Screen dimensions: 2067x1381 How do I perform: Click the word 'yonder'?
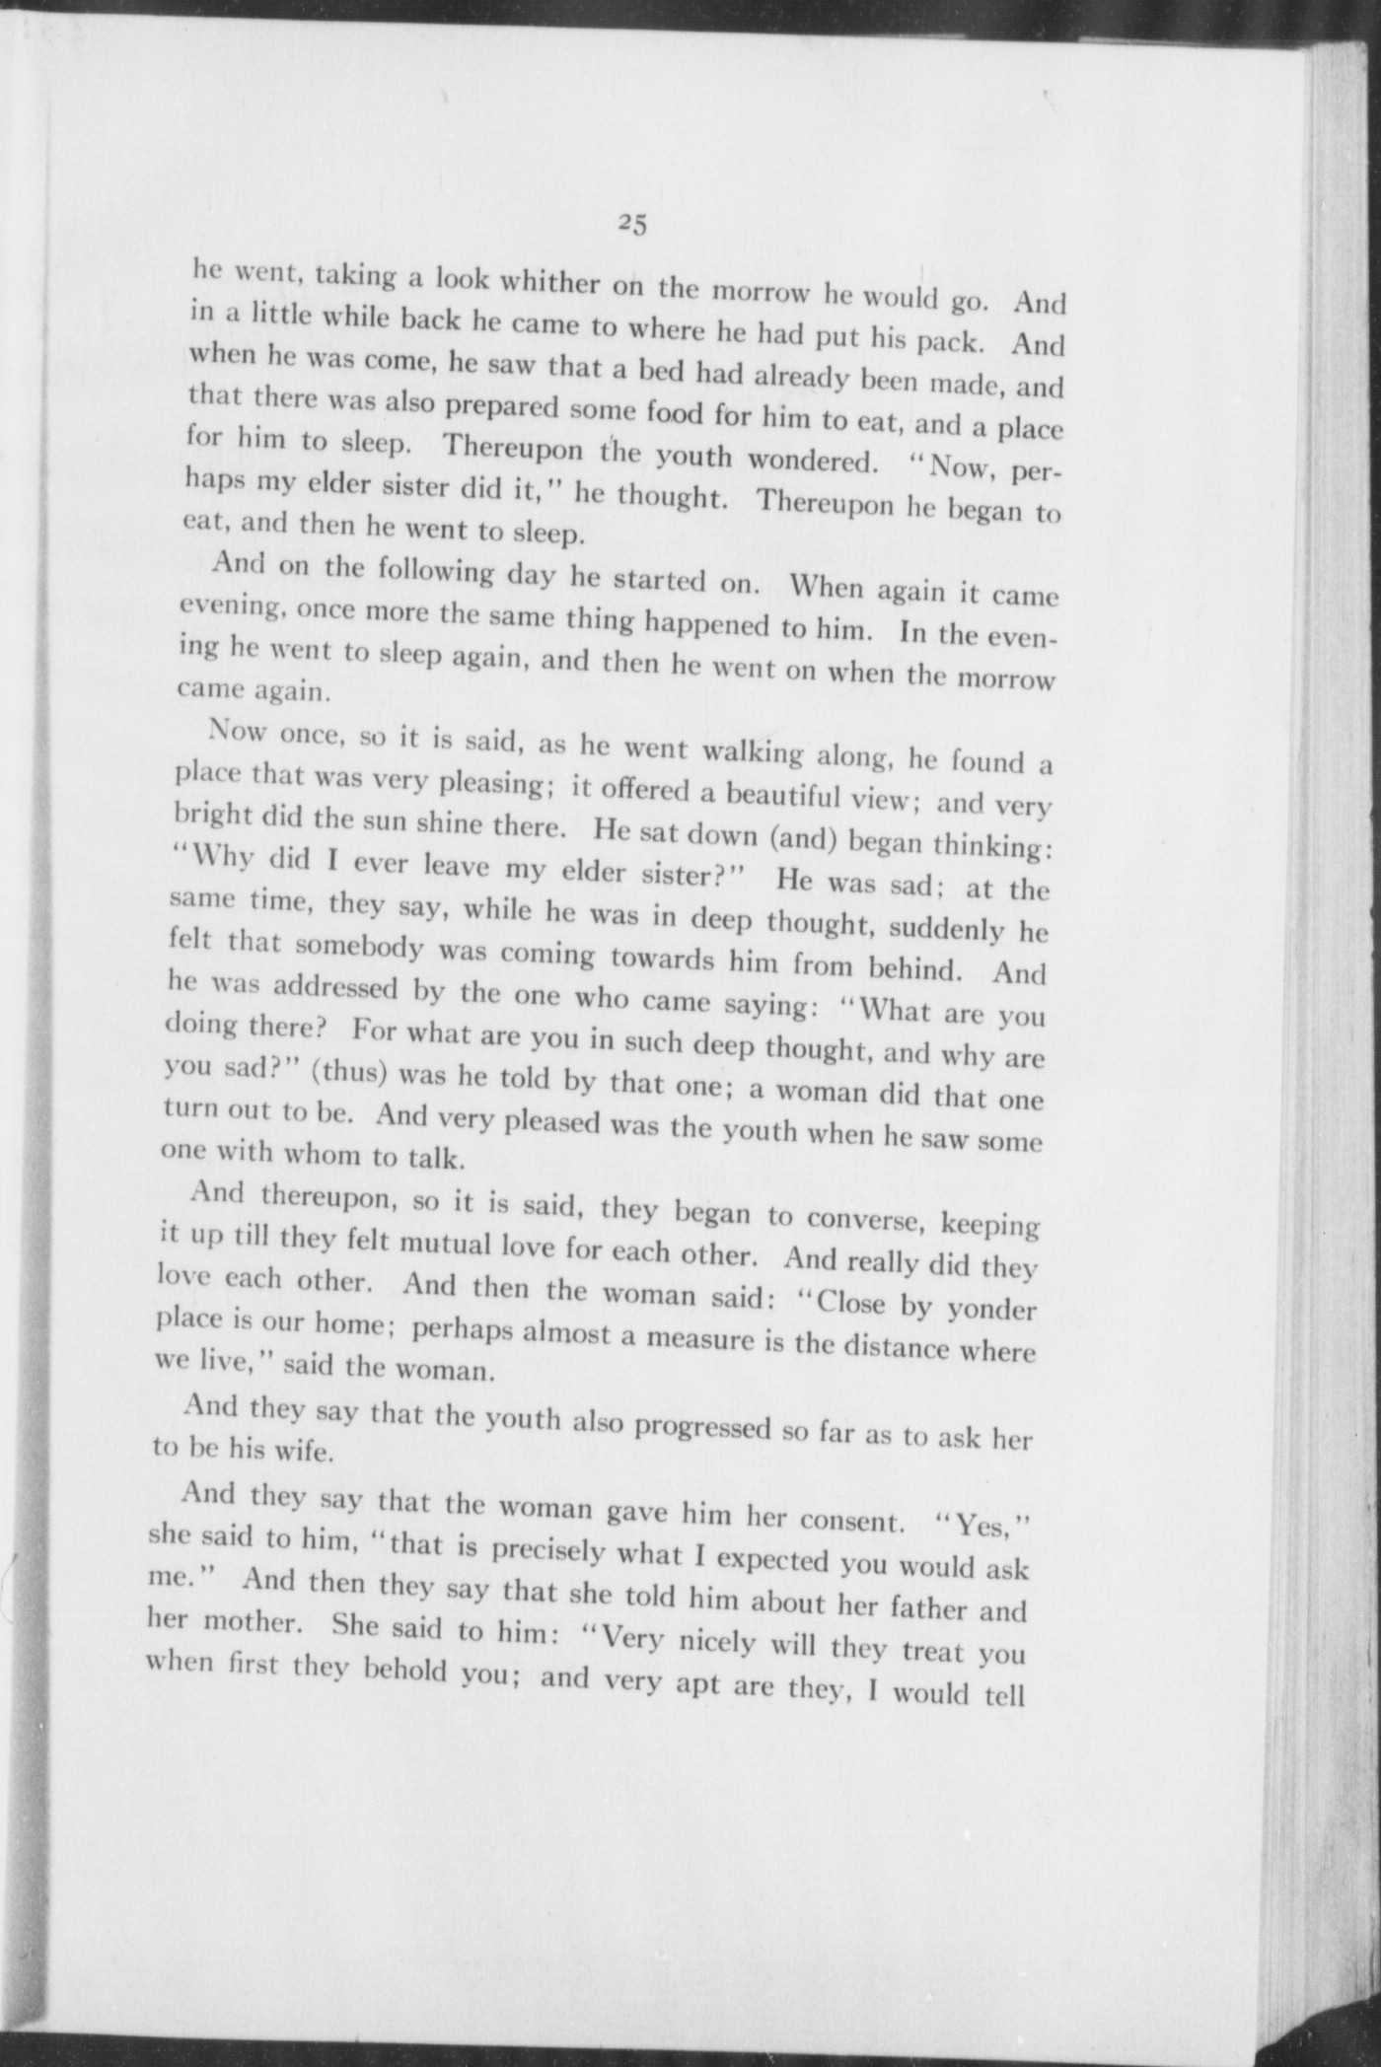coord(991,1309)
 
